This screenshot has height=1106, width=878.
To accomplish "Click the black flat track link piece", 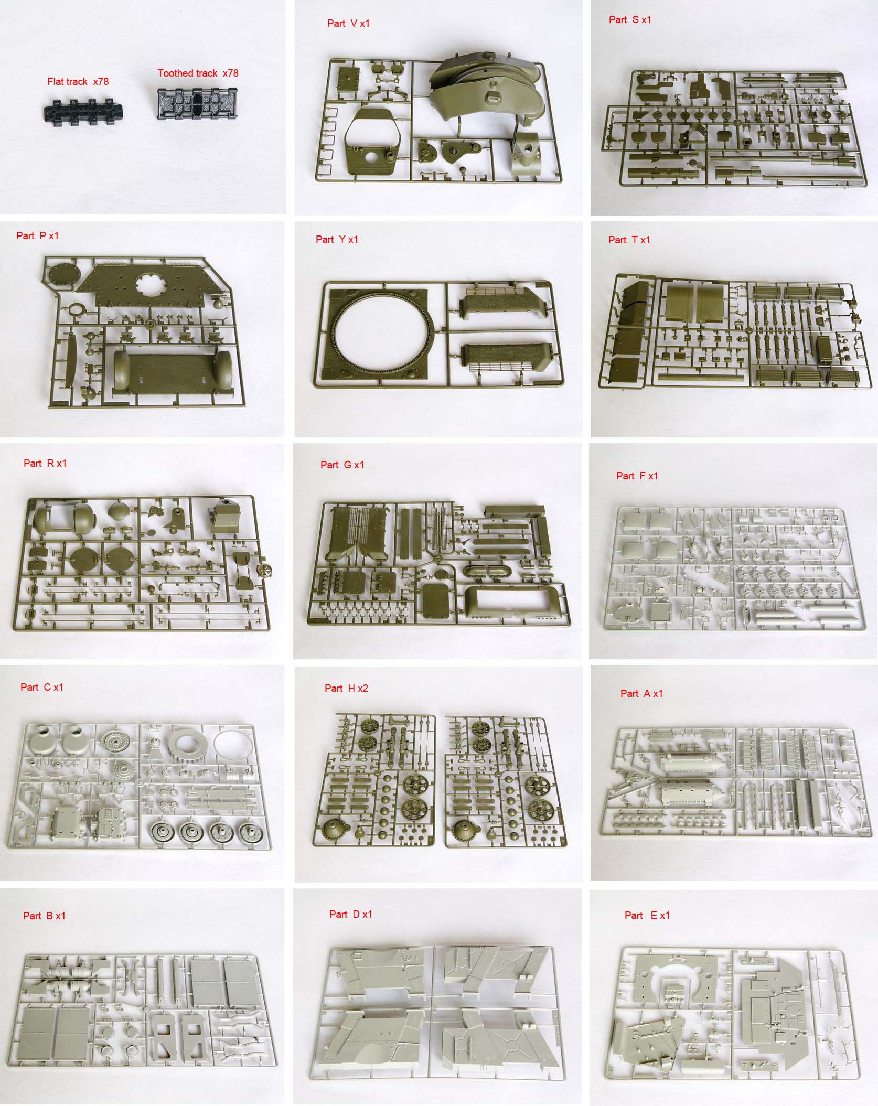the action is (83, 110).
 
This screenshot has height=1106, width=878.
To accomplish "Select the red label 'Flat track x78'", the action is (78, 81).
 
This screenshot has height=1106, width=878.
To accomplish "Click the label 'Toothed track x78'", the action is (198, 73).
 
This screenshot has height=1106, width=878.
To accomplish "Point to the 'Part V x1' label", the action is (348, 23).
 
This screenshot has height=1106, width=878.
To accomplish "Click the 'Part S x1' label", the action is (630, 19).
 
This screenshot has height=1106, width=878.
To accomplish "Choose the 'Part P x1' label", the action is (37, 235).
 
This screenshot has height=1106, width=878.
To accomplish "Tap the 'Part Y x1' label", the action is (337, 239).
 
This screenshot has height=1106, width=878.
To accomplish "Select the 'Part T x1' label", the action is (629, 240).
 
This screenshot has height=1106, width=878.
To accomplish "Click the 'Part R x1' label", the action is (45, 463).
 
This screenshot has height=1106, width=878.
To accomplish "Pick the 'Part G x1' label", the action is (342, 465).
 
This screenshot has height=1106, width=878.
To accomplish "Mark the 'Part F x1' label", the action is (637, 476).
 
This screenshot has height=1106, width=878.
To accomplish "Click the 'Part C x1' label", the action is (42, 687).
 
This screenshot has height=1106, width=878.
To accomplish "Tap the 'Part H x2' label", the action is (346, 688).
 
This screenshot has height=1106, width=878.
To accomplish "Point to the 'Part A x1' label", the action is (641, 693).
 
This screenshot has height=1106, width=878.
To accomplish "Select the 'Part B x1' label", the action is (44, 916).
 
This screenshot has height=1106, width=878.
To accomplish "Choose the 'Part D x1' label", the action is (351, 914).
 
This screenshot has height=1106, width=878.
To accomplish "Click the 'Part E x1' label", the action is (647, 915).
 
